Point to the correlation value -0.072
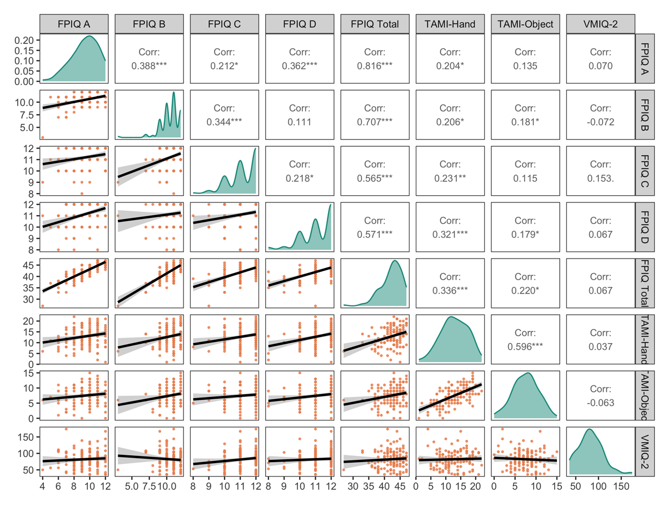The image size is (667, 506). coord(600,122)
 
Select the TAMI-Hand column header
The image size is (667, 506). coord(449,24)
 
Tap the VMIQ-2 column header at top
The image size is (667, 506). coord(600,24)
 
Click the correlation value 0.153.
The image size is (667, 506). coord(600,178)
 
